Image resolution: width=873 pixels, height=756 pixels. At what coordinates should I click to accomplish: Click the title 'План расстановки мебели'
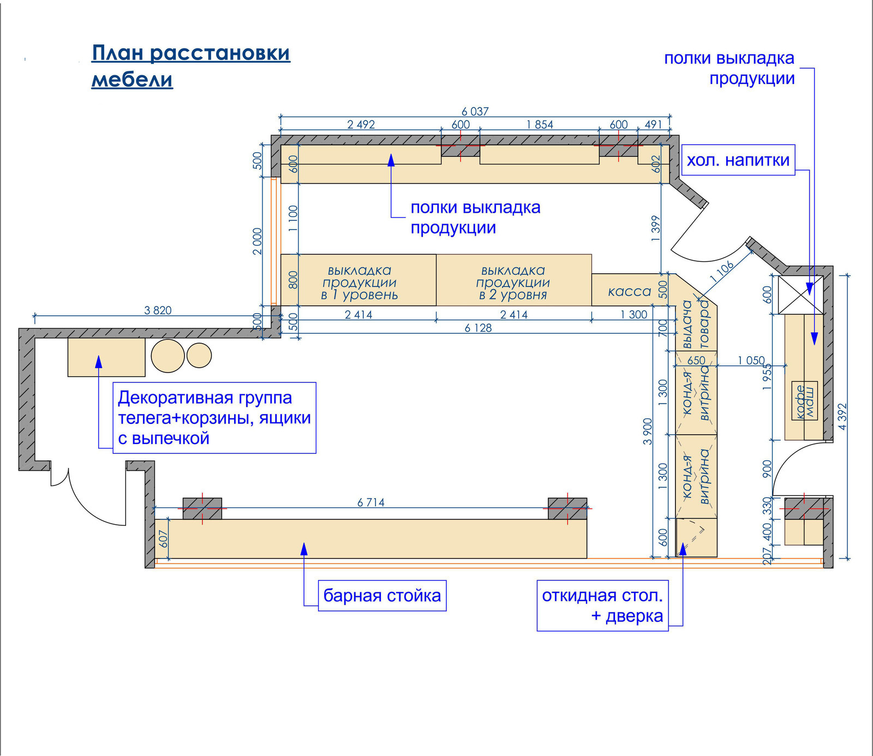click(x=190, y=66)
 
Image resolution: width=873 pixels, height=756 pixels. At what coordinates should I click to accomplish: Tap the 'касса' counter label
click(x=629, y=292)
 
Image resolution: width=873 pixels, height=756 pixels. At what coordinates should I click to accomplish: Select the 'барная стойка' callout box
click(x=382, y=596)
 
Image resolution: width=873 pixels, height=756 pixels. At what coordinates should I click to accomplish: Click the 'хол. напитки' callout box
click(x=738, y=160)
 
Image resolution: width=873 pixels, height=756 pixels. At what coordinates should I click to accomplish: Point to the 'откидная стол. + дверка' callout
click(x=602, y=606)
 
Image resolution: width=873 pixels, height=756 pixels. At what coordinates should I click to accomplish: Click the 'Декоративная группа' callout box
click(x=214, y=418)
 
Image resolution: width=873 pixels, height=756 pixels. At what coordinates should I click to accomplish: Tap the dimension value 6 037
click(x=475, y=111)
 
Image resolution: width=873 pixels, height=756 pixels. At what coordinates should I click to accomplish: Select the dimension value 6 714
click(x=370, y=502)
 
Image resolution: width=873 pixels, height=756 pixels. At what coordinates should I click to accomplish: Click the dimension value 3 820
click(x=158, y=310)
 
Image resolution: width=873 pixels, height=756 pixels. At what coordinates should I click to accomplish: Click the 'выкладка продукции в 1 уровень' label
click(x=359, y=283)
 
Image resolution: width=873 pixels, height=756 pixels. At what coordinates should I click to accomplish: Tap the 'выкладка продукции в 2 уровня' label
click(x=513, y=283)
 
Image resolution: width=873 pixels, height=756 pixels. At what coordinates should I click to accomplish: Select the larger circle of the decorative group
click(x=168, y=356)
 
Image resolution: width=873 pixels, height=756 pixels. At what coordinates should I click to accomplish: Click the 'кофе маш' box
click(x=805, y=401)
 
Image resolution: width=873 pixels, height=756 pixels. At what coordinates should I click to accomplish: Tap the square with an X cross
click(x=800, y=295)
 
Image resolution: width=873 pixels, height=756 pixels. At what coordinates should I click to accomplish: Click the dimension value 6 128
click(x=478, y=328)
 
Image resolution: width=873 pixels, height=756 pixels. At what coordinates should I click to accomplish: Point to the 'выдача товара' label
click(x=696, y=325)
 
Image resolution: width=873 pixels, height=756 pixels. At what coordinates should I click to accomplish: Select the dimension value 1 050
click(x=751, y=361)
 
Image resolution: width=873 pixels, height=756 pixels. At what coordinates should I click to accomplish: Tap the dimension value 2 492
click(x=361, y=124)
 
